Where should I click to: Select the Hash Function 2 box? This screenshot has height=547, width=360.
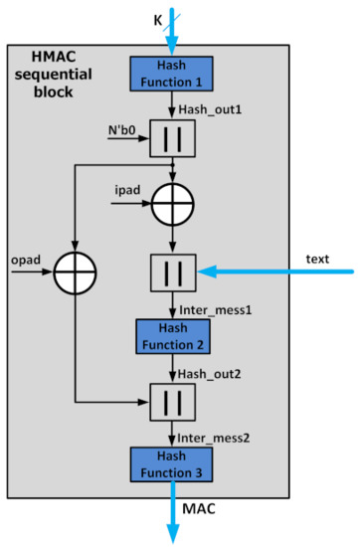pyautogui.click(x=171, y=336)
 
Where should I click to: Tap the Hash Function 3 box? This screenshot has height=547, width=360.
pyautogui.click(x=171, y=463)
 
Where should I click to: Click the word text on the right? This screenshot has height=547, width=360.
pyautogui.click(x=318, y=259)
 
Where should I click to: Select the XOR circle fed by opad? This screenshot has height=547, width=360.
pyautogui.click(x=77, y=270)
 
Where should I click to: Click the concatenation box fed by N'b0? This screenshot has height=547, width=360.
pyautogui.click(x=172, y=140)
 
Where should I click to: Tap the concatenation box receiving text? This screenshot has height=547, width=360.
pyautogui.click(x=172, y=270)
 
